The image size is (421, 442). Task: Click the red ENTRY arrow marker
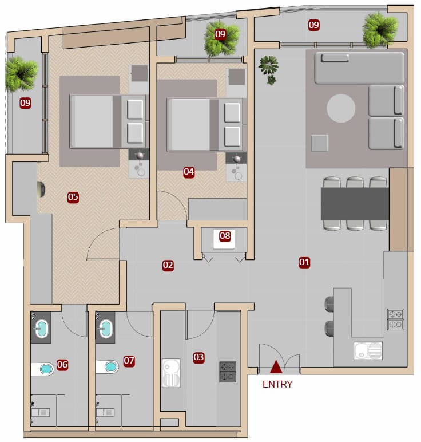(276, 367)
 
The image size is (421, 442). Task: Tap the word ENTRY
(277, 384)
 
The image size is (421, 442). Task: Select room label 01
(304, 262)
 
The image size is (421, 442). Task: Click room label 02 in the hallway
(168, 265)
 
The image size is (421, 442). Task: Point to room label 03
(198, 357)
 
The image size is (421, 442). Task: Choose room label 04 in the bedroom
(189, 172)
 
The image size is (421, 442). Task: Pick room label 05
(73, 197)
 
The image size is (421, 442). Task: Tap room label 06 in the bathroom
(62, 365)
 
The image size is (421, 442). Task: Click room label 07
(129, 361)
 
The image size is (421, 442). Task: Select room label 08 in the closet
(225, 236)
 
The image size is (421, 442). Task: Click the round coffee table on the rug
(341, 108)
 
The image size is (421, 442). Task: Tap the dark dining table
(355, 204)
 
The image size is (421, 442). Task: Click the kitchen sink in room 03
(171, 373)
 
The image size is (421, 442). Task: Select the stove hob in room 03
(228, 372)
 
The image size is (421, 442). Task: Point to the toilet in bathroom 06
(42, 369)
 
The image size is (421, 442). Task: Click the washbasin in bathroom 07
(106, 329)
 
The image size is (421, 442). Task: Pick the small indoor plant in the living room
(269, 69)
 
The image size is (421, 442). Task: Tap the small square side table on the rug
(319, 143)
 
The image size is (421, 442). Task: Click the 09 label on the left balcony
(25, 103)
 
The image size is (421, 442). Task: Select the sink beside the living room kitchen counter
(368, 350)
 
